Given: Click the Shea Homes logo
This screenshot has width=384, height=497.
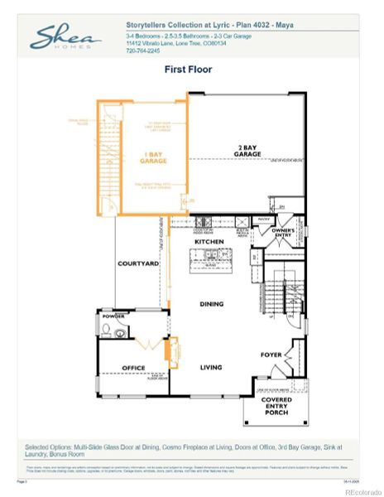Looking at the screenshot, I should [x=66, y=37].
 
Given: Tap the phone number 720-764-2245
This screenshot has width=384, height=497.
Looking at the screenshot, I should [x=143, y=51].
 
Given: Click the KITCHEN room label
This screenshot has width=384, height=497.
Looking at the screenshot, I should [x=209, y=241].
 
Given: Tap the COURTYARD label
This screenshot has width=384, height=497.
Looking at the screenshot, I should [x=138, y=263].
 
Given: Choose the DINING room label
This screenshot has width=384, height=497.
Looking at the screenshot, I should [x=211, y=304].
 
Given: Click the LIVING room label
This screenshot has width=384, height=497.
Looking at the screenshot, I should [x=212, y=366].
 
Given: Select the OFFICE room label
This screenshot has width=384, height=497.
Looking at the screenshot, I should [x=133, y=368].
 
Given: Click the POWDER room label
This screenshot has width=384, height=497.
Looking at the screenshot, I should [x=113, y=316].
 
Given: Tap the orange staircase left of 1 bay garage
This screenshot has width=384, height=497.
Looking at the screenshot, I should [x=106, y=166].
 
